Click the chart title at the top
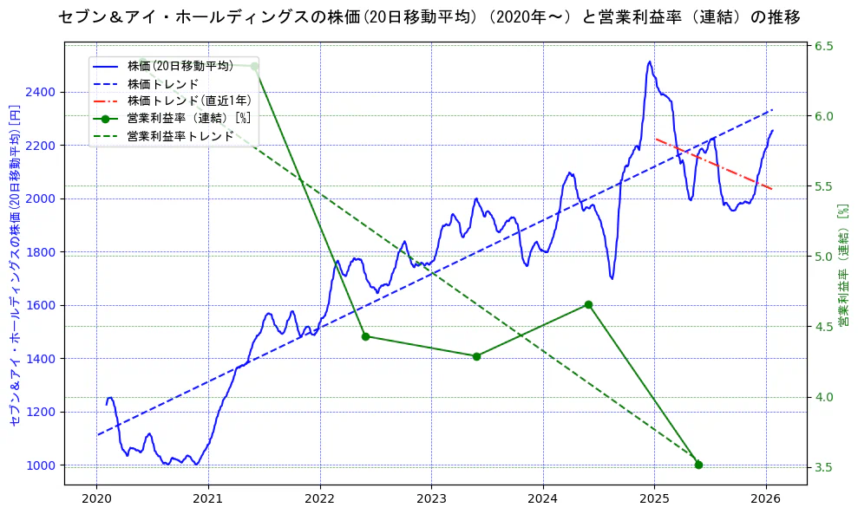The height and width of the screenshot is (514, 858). (x=429, y=16)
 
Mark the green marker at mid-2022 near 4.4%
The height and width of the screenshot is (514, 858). (x=365, y=336)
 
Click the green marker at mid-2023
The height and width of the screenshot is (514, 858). (x=476, y=356)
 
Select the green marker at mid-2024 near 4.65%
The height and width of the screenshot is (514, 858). (x=588, y=304)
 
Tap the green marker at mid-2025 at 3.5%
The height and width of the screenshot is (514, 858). (x=698, y=465)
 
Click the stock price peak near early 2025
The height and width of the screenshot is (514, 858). (x=649, y=62)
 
